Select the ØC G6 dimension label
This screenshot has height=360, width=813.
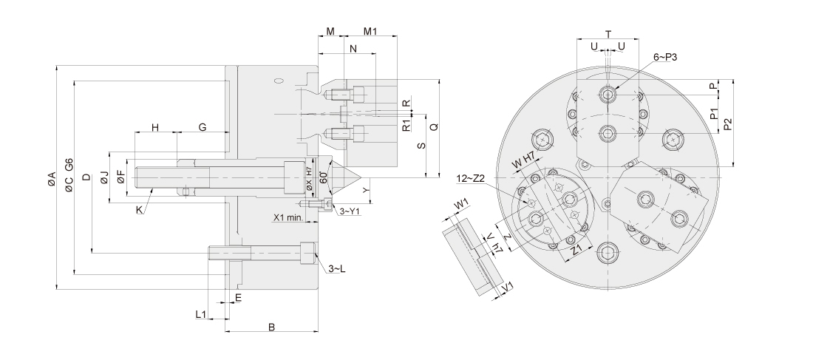[x=69, y=175]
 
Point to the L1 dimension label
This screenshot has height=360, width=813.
[x=200, y=315]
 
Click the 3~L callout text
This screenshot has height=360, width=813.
[x=337, y=268]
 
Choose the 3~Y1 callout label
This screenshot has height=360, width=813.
[x=349, y=211]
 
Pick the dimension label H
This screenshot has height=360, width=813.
[x=155, y=128]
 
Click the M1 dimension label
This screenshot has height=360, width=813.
[x=371, y=32]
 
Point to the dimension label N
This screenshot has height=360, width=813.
[x=353, y=49]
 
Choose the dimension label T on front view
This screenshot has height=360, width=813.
[x=608, y=34]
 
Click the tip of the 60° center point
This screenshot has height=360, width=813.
[x=361, y=178]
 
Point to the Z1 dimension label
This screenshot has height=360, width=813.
[x=579, y=250]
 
